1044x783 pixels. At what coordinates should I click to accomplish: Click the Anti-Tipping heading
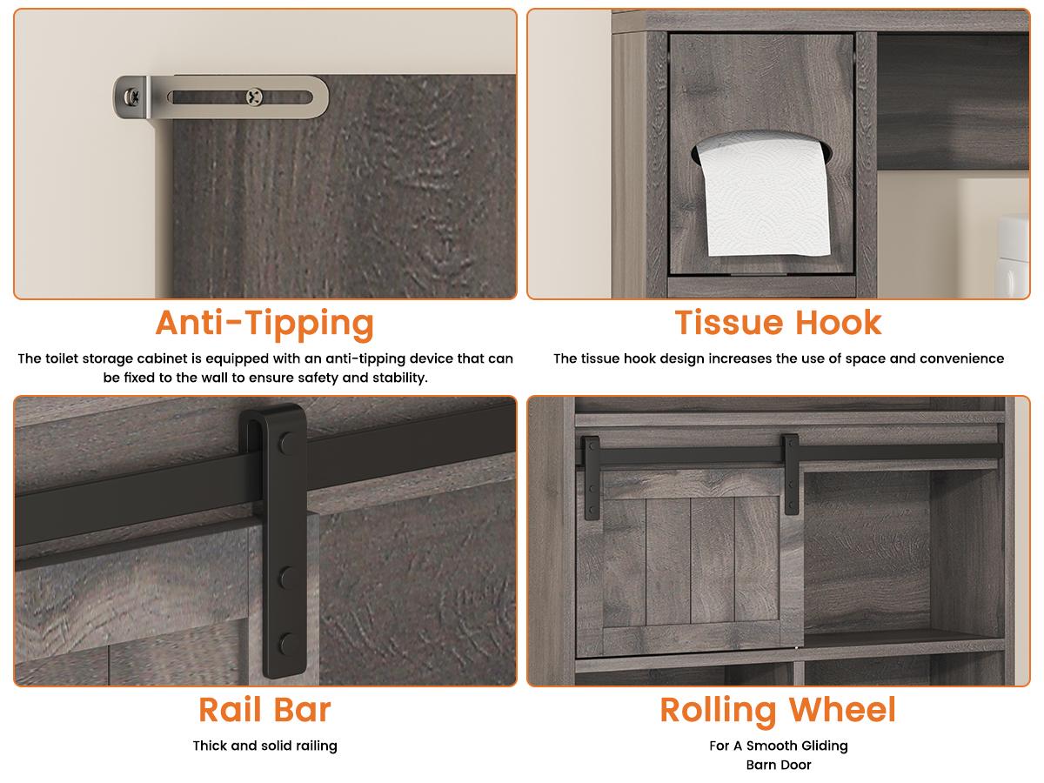pyautogui.click(x=264, y=325)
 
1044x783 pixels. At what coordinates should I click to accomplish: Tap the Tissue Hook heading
pyautogui.click(x=778, y=323)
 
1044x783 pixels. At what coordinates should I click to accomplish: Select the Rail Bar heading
pyautogui.click(x=265, y=710)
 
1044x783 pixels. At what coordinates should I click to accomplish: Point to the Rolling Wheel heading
pyautogui.click(x=778, y=711)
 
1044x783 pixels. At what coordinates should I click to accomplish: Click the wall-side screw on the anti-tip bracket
pyautogui.click(x=131, y=97)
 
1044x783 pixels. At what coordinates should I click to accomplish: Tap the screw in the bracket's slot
pyautogui.click(x=254, y=97)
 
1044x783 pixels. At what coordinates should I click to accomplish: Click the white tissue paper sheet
pyautogui.click(x=762, y=195)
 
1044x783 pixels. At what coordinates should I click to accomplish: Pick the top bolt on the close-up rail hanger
pyautogui.click(x=287, y=443)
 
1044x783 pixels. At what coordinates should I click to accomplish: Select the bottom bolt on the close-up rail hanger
pyautogui.click(x=287, y=644)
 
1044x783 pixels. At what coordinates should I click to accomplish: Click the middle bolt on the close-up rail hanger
pyautogui.click(x=287, y=578)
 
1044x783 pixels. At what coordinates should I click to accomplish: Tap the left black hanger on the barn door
pyautogui.click(x=592, y=478)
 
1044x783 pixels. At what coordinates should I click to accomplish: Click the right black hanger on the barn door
pyautogui.click(x=791, y=474)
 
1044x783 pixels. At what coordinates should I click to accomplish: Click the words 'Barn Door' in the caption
pyautogui.click(x=779, y=765)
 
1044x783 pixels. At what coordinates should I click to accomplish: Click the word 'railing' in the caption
pyautogui.click(x=317, y=746)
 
